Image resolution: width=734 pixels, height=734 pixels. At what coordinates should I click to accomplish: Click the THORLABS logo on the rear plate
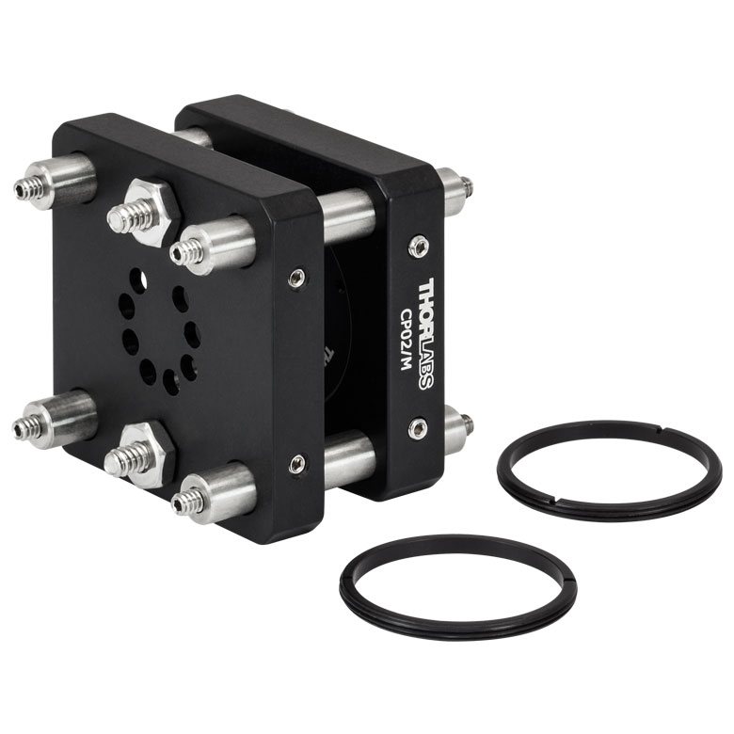click(425, 334)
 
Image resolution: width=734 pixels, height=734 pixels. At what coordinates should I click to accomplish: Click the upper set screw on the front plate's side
click(296, 278)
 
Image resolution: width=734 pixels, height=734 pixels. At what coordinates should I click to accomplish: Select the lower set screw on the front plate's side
click(296, 463)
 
